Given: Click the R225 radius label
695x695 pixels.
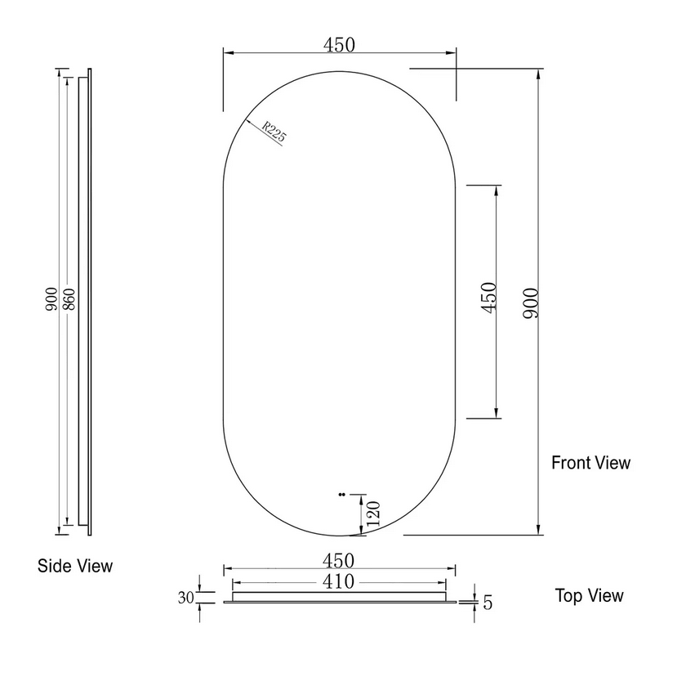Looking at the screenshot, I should point(273,132).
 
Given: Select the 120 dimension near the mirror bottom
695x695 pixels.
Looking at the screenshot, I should point(372,516).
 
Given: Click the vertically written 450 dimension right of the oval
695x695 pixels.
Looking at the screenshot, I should point(488,300).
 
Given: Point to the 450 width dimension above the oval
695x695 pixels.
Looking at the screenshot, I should point(339,45).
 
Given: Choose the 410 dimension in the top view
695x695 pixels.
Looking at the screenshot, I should point(338,582).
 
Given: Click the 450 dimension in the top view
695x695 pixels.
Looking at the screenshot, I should point(338,561).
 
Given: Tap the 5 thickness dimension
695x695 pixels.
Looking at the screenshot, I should point(488,603).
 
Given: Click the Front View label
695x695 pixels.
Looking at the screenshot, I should point(590,463).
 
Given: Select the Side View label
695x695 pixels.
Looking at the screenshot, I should point(75,565).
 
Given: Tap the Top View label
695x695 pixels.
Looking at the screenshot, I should point(589,595).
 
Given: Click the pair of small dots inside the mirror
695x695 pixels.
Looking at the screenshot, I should point(341,494).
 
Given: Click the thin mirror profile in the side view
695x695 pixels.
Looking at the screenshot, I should point(88,303).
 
